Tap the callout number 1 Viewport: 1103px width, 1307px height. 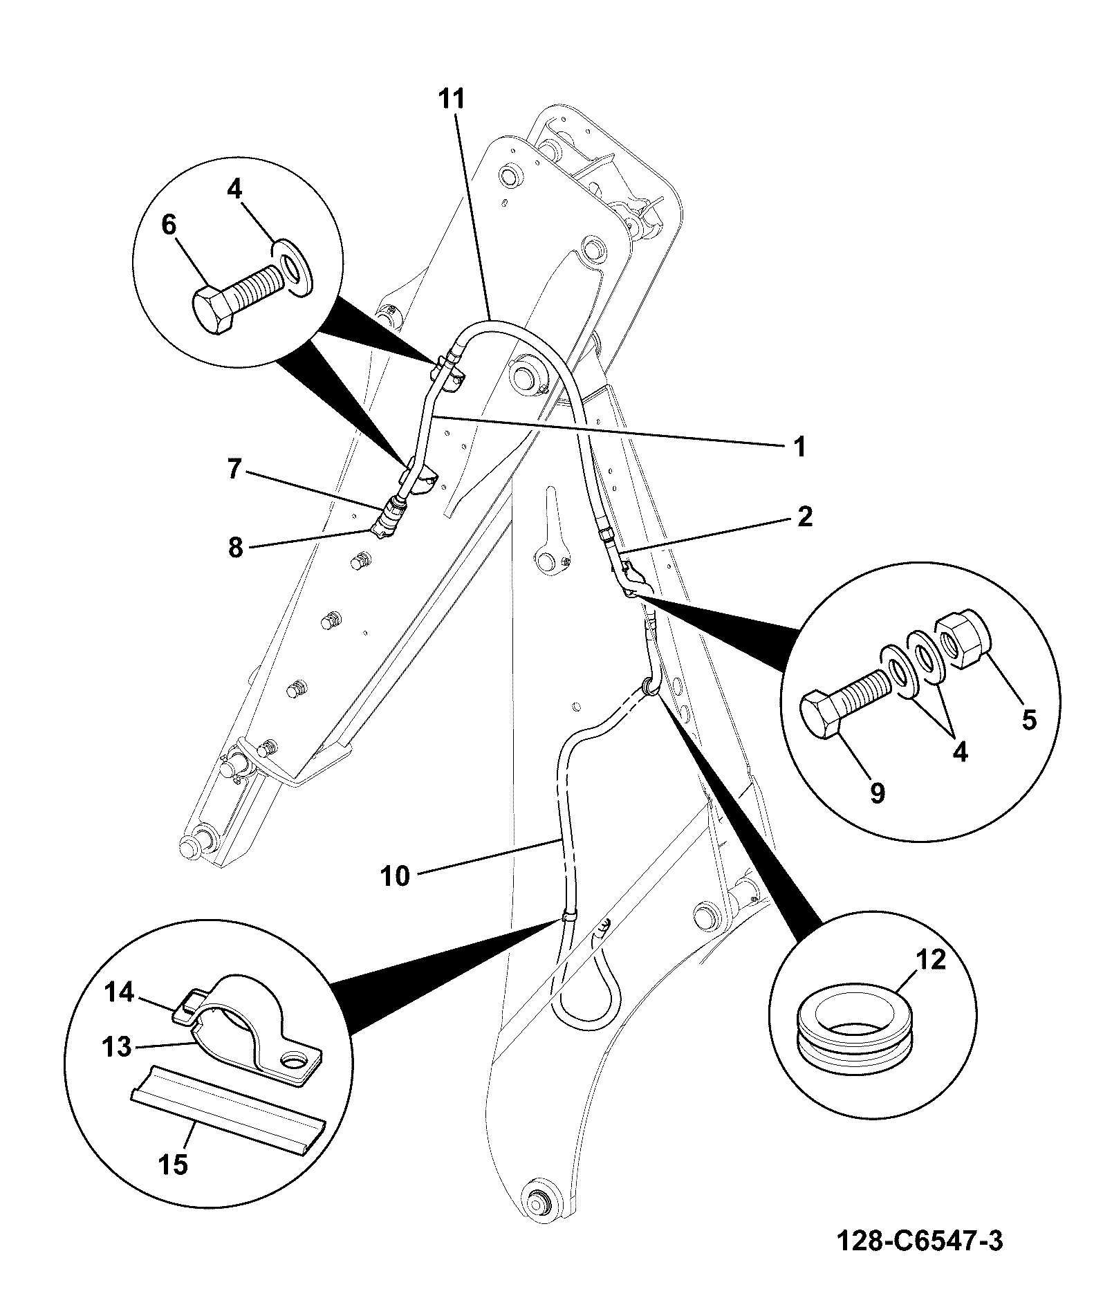pos(799,447)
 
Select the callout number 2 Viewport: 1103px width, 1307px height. pos(804,517)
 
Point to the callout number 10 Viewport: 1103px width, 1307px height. pos(395,877)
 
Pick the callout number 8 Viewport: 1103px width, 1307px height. pos(236,548)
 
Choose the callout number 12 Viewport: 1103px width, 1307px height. pos(930,961)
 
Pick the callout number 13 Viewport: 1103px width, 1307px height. pos(118,1047)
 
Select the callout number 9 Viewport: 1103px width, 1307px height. pos(877,793)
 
